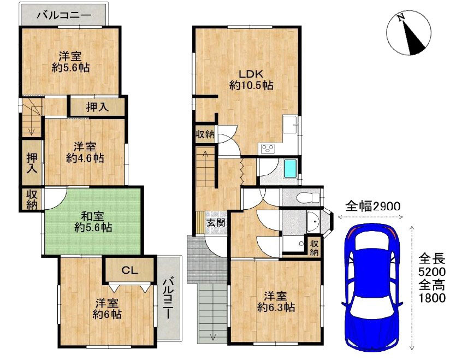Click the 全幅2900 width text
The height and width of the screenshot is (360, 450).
click(x=373, y=206)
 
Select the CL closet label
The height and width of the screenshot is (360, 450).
click(x=129, y=270)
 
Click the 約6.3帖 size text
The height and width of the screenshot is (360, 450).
click(x=276, y=308)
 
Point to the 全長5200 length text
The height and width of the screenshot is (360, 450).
click(x=431, y=264)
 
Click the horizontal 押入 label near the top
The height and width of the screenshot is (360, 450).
click(x=97, y=107)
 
